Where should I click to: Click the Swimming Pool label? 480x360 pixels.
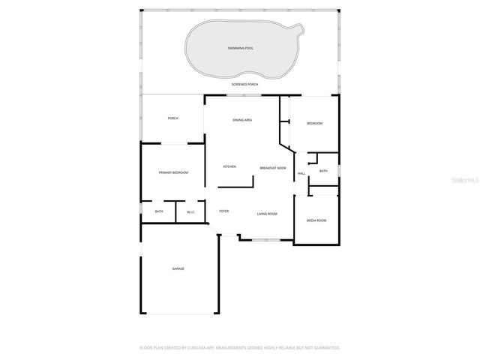[241, 48]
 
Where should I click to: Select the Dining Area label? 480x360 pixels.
[241, 120]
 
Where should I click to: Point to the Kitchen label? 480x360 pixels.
[229, 166]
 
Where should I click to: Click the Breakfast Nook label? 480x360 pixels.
[273, 168]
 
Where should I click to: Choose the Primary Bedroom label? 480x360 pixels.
[173, 172]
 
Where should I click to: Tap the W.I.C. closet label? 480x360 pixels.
[191, 211]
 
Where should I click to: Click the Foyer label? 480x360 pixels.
[224, 211]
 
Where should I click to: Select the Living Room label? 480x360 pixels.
[267, 214]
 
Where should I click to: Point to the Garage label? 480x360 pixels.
[178, 268]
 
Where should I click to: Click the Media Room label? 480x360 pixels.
[316, 220]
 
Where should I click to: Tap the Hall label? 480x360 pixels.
[301, 174]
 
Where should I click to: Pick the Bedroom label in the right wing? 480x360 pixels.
[315, 123]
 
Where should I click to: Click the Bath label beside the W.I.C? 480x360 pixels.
[159, 211]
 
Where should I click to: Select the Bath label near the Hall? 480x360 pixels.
[323, 171]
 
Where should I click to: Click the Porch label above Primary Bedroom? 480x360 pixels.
[173, 118]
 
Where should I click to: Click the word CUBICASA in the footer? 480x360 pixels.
[206, 348]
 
